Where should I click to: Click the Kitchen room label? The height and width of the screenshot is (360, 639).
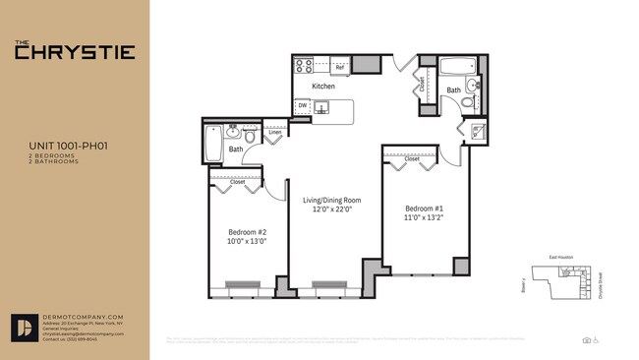(323, 87)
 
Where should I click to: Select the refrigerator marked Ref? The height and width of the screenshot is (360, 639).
(340, 67)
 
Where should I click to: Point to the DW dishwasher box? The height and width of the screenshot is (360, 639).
(303, 106)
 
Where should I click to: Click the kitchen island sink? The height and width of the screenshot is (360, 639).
(321, 107)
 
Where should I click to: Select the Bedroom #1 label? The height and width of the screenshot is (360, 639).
(425, 209)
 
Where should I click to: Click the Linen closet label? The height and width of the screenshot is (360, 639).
(275, 132)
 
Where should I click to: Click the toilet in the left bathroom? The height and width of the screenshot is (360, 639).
(250, 138)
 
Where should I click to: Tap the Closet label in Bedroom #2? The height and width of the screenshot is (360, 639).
(238, 182)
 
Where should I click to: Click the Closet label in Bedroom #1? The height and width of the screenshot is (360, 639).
(411, 157)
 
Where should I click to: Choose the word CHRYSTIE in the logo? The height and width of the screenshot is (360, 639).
(75, 53)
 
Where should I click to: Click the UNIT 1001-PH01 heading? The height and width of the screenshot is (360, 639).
(68, 145)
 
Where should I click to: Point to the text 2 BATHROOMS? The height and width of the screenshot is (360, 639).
(54, 160)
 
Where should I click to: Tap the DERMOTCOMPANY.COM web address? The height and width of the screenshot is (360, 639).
(84, 316)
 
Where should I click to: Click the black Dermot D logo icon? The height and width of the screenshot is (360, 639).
(25, 329)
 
